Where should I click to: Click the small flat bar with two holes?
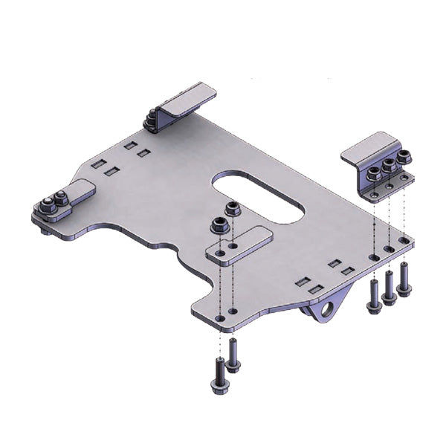[x=239, y=246]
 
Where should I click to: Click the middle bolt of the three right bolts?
[x=389, y=288]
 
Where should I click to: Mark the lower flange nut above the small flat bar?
[x=219, y=224]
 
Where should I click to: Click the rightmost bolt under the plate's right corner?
[x=404, y=279]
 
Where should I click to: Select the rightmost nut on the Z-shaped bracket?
[x=404, y=158]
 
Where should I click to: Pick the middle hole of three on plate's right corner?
[x=389, y=250]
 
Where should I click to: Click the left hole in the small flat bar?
[x=219, y=253]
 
